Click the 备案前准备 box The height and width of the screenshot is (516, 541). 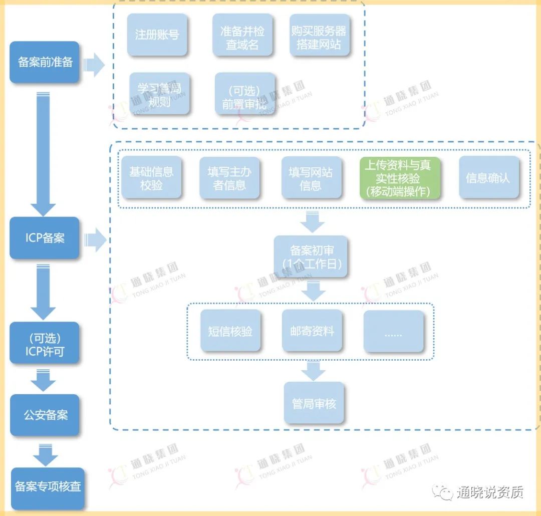(x=45, y=62)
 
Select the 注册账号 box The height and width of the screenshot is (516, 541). (x=157, y=35)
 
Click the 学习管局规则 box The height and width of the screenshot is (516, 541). (x=159, y=94)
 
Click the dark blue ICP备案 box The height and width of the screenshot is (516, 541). (x=45, y=237)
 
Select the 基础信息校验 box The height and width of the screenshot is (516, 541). (x=151, y=178)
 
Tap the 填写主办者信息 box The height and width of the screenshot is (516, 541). (x=229, y=178)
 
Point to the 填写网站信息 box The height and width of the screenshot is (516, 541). (x=311, y=178)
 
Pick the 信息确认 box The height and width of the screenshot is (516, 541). (x=488, y=178)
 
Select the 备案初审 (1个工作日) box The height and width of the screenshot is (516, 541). (x=311, y=256)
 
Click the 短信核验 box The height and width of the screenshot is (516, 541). (x=230, y=331)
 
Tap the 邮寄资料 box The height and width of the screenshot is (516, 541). (x=312, y=331)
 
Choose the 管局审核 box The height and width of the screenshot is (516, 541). (x=314, y=403)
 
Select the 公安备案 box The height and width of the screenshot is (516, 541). (x=45, y=415)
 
